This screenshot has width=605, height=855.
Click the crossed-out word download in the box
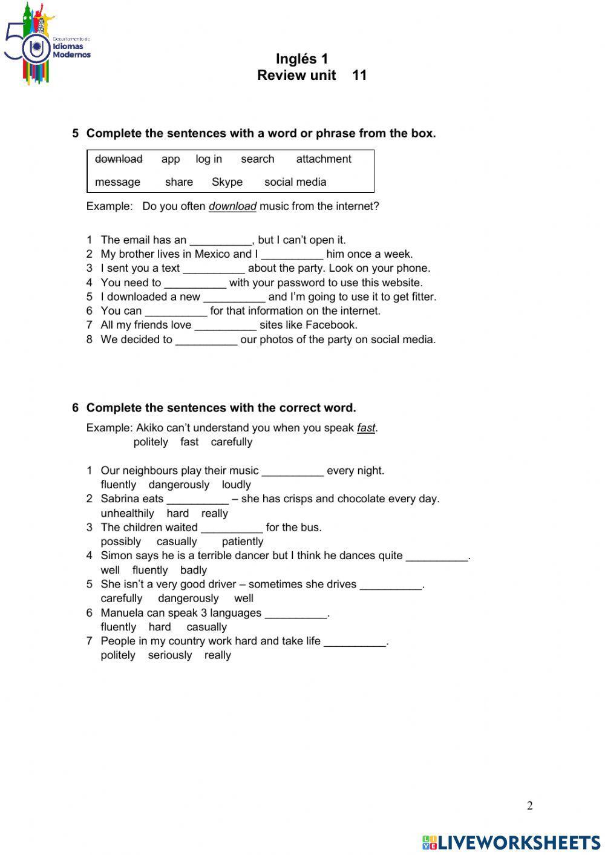tap(119, 159)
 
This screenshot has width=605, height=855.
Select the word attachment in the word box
tap(323, 159)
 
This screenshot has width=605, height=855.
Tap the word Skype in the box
tap(227, 182)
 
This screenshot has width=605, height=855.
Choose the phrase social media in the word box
tap(295, 182)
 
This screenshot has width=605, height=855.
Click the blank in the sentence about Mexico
tap(292, 255)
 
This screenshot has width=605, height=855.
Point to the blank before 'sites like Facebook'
tap(225, 326)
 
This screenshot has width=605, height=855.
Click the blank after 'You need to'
tap(195, 283)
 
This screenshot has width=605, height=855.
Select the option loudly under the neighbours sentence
tap(236, 485)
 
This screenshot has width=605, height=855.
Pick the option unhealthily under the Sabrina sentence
tap(127, 513)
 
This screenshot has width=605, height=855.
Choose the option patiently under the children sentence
tap(242, 542)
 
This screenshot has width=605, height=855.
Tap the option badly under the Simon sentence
tap(193, 570)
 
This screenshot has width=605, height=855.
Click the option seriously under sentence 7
tap(169, 655)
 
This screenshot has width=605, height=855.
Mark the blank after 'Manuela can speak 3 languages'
tap(296, 614)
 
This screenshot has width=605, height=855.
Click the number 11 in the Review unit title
tap(359, 75)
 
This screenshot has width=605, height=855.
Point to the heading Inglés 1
tap(301, 59)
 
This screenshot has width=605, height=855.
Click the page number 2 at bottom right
tap(530, 805)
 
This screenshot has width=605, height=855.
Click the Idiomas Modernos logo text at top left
tap(71, 50)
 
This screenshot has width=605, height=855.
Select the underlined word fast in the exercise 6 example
tap(365, 428)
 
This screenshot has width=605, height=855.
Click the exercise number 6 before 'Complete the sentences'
tap(76, 408)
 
